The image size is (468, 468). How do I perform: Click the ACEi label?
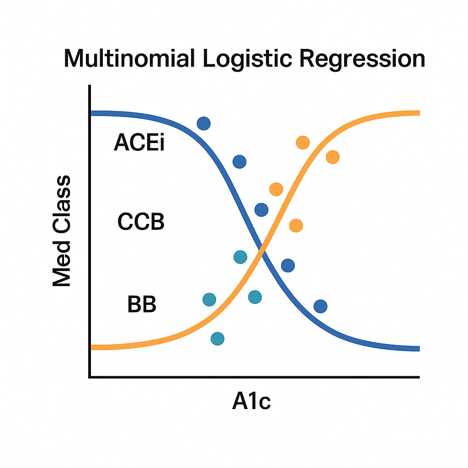click(x=139, y=143)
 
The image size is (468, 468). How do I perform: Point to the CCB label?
click(x=141, y=223)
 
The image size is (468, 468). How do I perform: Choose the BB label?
click(x=142, y=304)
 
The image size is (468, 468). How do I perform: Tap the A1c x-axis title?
click(x=251, y=402)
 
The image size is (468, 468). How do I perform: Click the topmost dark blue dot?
click(x=203, y=123)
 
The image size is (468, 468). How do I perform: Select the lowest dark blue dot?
click(x=320, y=306)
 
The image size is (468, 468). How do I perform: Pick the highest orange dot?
click(x=303, y=143)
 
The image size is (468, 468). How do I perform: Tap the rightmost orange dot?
click(x=333, y=157)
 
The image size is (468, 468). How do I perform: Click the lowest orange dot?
click(x=296, y=225)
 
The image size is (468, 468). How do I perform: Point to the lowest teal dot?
click(x=218, y=339)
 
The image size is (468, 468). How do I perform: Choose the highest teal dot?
click(x=240, y=257)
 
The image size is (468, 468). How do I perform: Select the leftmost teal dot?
click(x=209, y=299)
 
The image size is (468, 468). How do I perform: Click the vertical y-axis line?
click(x=90, y=229)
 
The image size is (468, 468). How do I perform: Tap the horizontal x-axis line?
click(x=254, y=377)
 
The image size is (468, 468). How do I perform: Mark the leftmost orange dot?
click(x=276, y=189)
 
